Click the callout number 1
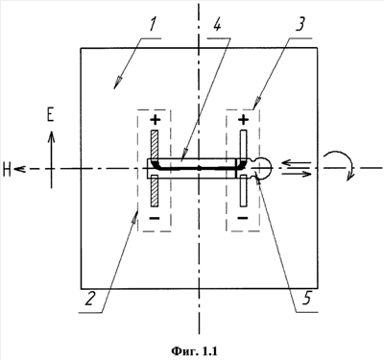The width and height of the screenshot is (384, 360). [152, 26]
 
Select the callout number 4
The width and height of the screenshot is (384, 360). [217, 25]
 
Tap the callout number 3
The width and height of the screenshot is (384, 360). [300, 24]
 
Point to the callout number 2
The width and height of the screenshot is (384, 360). [90, 299]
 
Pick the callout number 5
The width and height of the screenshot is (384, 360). [306, 299]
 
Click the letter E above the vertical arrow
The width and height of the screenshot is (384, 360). [50, 114]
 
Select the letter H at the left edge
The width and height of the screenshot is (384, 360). [7, 169]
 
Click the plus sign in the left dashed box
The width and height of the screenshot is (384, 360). [156, 120]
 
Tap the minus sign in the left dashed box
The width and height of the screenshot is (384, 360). [155, 218]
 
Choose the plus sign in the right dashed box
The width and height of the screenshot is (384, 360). [243, 120]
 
